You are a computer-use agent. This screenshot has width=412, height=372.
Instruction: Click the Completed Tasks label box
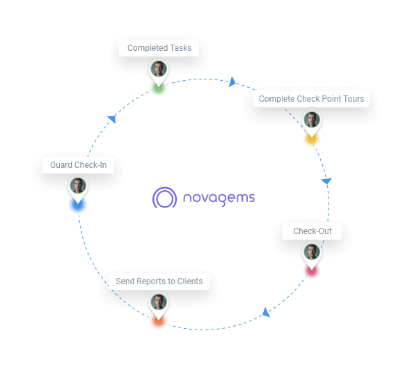point(159,48)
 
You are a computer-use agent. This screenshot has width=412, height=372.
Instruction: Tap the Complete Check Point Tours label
point(311,99)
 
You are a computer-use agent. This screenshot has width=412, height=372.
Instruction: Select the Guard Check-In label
point(78,165)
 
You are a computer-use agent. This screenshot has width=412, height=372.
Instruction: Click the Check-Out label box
point(312,231)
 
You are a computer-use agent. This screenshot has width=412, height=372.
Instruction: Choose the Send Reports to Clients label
point(159,281)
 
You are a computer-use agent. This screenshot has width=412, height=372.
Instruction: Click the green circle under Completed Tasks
point(159,88)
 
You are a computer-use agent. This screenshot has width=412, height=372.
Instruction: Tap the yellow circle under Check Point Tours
point(311,139)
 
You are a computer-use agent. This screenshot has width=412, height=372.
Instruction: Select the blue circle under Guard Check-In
point(78,206)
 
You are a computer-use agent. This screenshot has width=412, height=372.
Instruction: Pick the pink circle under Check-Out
point(311,271)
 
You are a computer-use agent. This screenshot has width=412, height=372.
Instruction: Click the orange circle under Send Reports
point(159,321)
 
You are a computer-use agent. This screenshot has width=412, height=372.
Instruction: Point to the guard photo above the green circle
point(159,70)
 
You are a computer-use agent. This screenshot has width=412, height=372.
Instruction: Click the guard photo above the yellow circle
point(311,120)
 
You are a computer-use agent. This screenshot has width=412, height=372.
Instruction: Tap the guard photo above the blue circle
point(78,186)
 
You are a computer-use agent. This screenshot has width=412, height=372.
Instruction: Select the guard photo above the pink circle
point(311,251)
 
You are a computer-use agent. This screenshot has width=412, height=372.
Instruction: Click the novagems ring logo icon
point(166,198)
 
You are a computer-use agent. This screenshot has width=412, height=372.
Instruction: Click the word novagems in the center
point(219,198)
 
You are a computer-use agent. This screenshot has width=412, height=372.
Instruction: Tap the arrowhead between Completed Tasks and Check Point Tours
point(232,82)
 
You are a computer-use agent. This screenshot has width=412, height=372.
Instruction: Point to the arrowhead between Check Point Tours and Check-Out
point(326,181)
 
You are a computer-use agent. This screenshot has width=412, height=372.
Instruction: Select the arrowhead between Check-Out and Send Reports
point(266,313)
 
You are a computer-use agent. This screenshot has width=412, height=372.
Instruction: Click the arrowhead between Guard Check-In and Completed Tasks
point(111,119)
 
